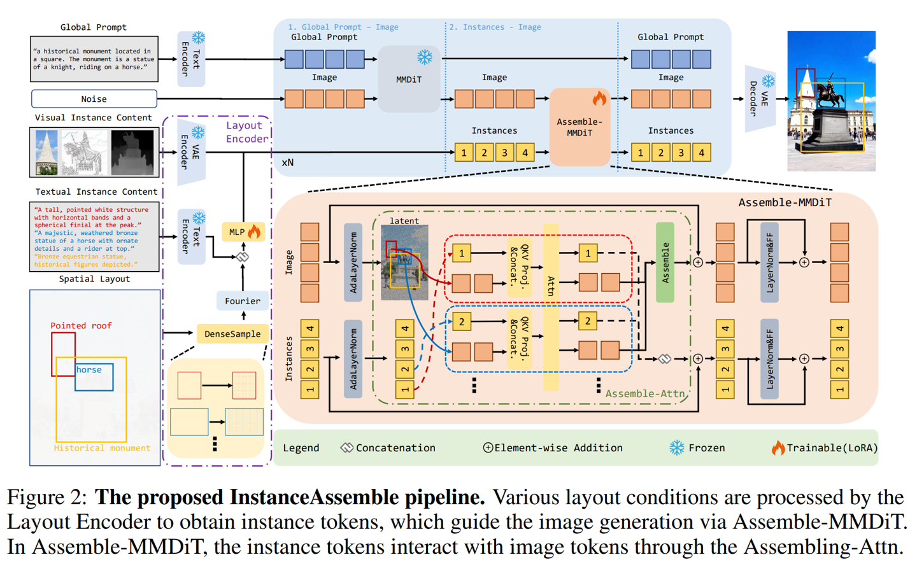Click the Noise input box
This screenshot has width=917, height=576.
(94, 99)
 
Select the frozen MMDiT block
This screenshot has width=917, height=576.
(409, 79)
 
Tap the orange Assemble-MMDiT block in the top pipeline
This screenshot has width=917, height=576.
(579, 127)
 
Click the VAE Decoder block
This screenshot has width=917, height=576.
(759, 98)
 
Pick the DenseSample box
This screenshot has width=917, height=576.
(232, 334)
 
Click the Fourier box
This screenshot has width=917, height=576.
(242, 300)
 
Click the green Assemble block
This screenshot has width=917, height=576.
(665, 262)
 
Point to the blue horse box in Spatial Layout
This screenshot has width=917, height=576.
(94, 377)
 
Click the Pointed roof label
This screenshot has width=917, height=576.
(81, 325)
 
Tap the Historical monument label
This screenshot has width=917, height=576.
(102, 448)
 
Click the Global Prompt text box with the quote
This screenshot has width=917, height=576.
(94, 59)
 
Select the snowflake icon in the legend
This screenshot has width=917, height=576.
(676, 447)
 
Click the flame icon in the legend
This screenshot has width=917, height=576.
(778, 447)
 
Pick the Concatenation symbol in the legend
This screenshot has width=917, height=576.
(346, 447)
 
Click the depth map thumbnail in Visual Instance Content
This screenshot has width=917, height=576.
(132, 153)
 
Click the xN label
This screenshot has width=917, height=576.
(288, 162)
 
